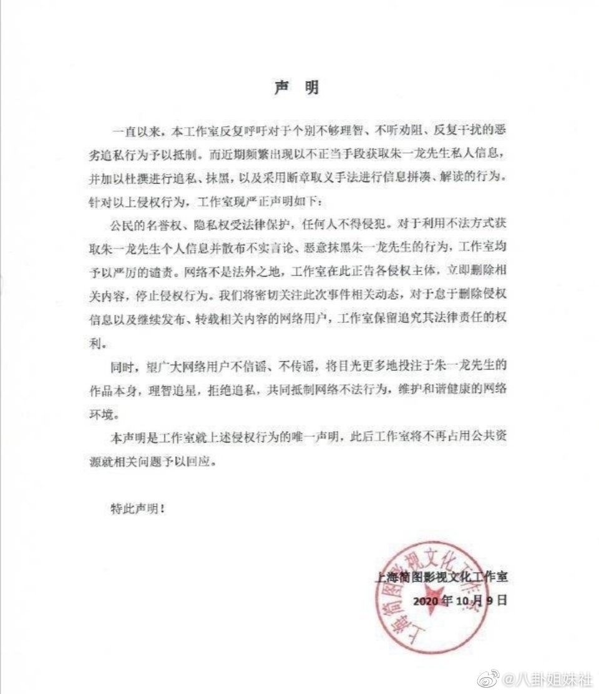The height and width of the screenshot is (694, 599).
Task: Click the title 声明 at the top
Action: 298,88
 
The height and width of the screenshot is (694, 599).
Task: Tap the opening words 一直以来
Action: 132,132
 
